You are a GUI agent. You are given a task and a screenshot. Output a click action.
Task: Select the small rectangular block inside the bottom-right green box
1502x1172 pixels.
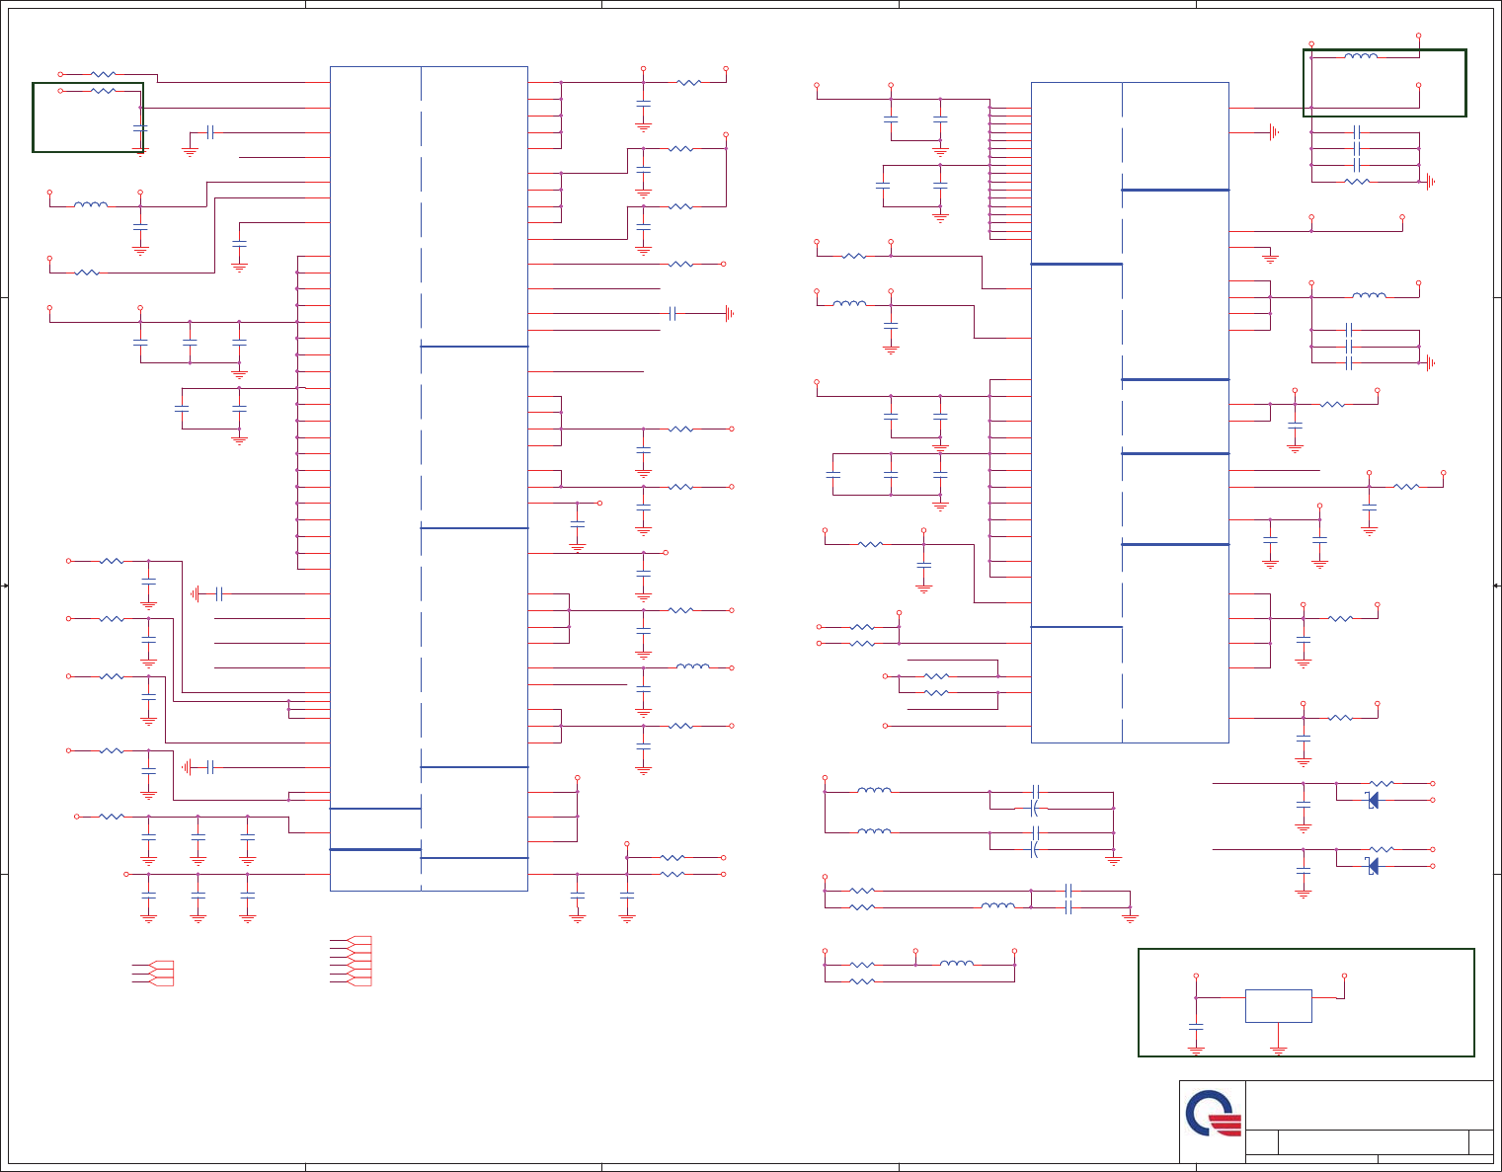point(1278,1006)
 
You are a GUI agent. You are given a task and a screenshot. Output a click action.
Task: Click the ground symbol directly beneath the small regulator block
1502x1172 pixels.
point(1278,1052)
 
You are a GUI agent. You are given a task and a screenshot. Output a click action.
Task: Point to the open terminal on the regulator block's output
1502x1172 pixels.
point(1344,977)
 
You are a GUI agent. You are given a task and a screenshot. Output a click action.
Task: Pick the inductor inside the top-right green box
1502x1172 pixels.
point(1361,56)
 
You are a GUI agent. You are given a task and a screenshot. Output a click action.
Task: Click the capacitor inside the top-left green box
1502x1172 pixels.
point(139,128)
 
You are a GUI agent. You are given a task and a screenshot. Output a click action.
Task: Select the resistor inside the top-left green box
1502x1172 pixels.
point(103,91)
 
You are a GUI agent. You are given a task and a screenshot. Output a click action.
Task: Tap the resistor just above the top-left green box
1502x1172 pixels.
point(103,74)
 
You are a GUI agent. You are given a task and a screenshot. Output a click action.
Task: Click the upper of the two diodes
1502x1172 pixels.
point(1373,800)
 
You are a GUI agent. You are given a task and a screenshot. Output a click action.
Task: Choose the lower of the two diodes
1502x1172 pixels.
point(1373,866)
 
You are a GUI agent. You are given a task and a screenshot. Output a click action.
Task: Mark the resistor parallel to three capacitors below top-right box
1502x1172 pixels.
point(1358,182)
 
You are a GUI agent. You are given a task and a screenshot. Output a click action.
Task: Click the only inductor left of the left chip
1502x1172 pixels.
point(91,205)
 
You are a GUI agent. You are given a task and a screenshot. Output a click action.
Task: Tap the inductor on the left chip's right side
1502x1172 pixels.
point(692,667)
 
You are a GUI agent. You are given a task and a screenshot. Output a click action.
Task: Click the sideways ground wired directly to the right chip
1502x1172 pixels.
point(1274,132)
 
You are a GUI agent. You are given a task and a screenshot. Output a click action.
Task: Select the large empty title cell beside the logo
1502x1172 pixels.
point(1369,1105)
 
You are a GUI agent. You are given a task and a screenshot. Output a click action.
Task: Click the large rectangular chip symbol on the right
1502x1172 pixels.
point(1129,412)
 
